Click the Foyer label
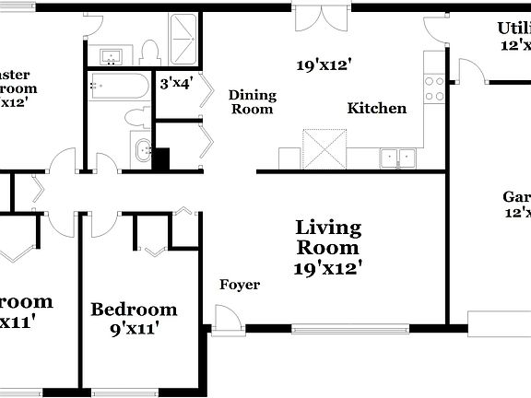click(239, 285)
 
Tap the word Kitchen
click(376, 109)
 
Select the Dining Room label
click(251, 101)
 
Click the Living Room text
click(328, 238)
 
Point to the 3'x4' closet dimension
click(175, 84)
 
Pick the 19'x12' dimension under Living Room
click(328, 268)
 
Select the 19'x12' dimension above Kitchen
click(324, 65)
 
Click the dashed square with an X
click(324, 148)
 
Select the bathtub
click(116, 88)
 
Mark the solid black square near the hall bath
click(163, 158)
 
